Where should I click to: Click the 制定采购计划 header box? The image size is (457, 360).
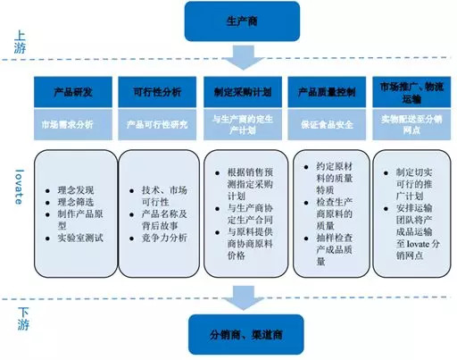tap(243, 91)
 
